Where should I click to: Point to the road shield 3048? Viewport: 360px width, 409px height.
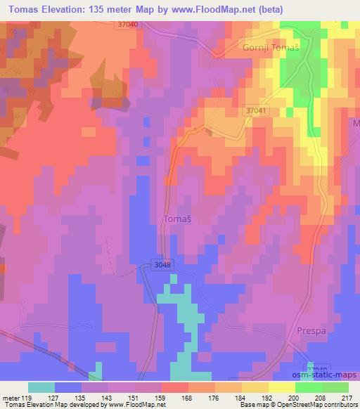(x=161, y=265)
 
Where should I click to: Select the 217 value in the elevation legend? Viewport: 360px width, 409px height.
(x=346, y=396)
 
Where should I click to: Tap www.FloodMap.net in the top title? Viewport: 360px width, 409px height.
(x=247, y=9)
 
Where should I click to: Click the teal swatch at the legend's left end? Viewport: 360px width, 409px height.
(x=41, y=387)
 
